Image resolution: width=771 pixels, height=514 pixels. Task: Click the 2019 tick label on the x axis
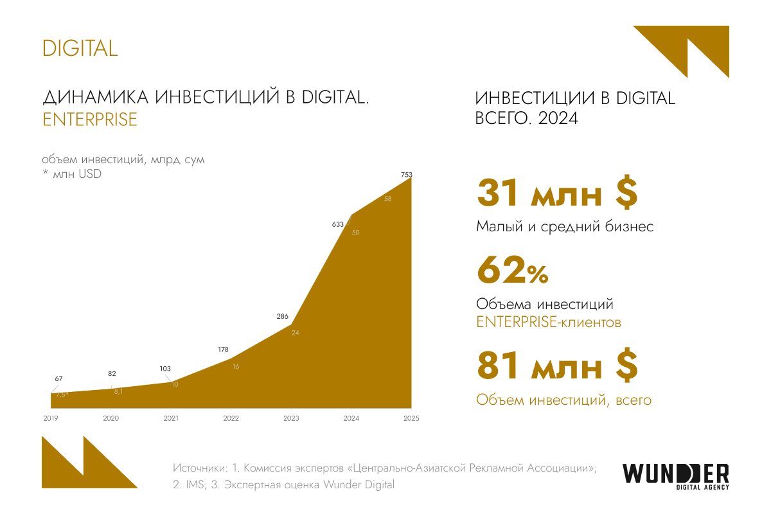[51, 419]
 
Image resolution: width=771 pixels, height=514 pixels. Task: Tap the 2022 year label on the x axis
[231, 419]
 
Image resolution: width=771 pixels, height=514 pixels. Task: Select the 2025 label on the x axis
[411, 419]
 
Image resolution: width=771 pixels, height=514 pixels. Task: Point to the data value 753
[406, 174]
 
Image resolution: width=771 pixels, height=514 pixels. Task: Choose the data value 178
[224, 350]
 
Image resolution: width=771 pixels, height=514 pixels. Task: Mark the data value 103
[165, 368]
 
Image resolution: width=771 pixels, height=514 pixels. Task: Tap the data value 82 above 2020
[112, 373]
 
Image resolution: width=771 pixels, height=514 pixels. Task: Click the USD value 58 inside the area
[388, 199]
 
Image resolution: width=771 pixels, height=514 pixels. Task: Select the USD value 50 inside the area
[356, 233]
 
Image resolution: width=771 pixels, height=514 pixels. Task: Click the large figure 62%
[512, 271]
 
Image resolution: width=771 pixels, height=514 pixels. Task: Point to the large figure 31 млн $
[556, 194]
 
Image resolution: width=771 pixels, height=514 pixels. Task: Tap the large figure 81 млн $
[556, 366]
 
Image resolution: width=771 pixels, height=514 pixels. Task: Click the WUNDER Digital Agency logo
[675, 476]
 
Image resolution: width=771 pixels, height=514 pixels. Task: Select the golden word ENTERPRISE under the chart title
[89, 120]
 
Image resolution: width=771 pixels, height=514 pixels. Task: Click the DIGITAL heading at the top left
[80, 48]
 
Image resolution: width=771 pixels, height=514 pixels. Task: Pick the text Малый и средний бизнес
[565, 227]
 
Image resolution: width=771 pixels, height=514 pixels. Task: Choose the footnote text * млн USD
[72, 173]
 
